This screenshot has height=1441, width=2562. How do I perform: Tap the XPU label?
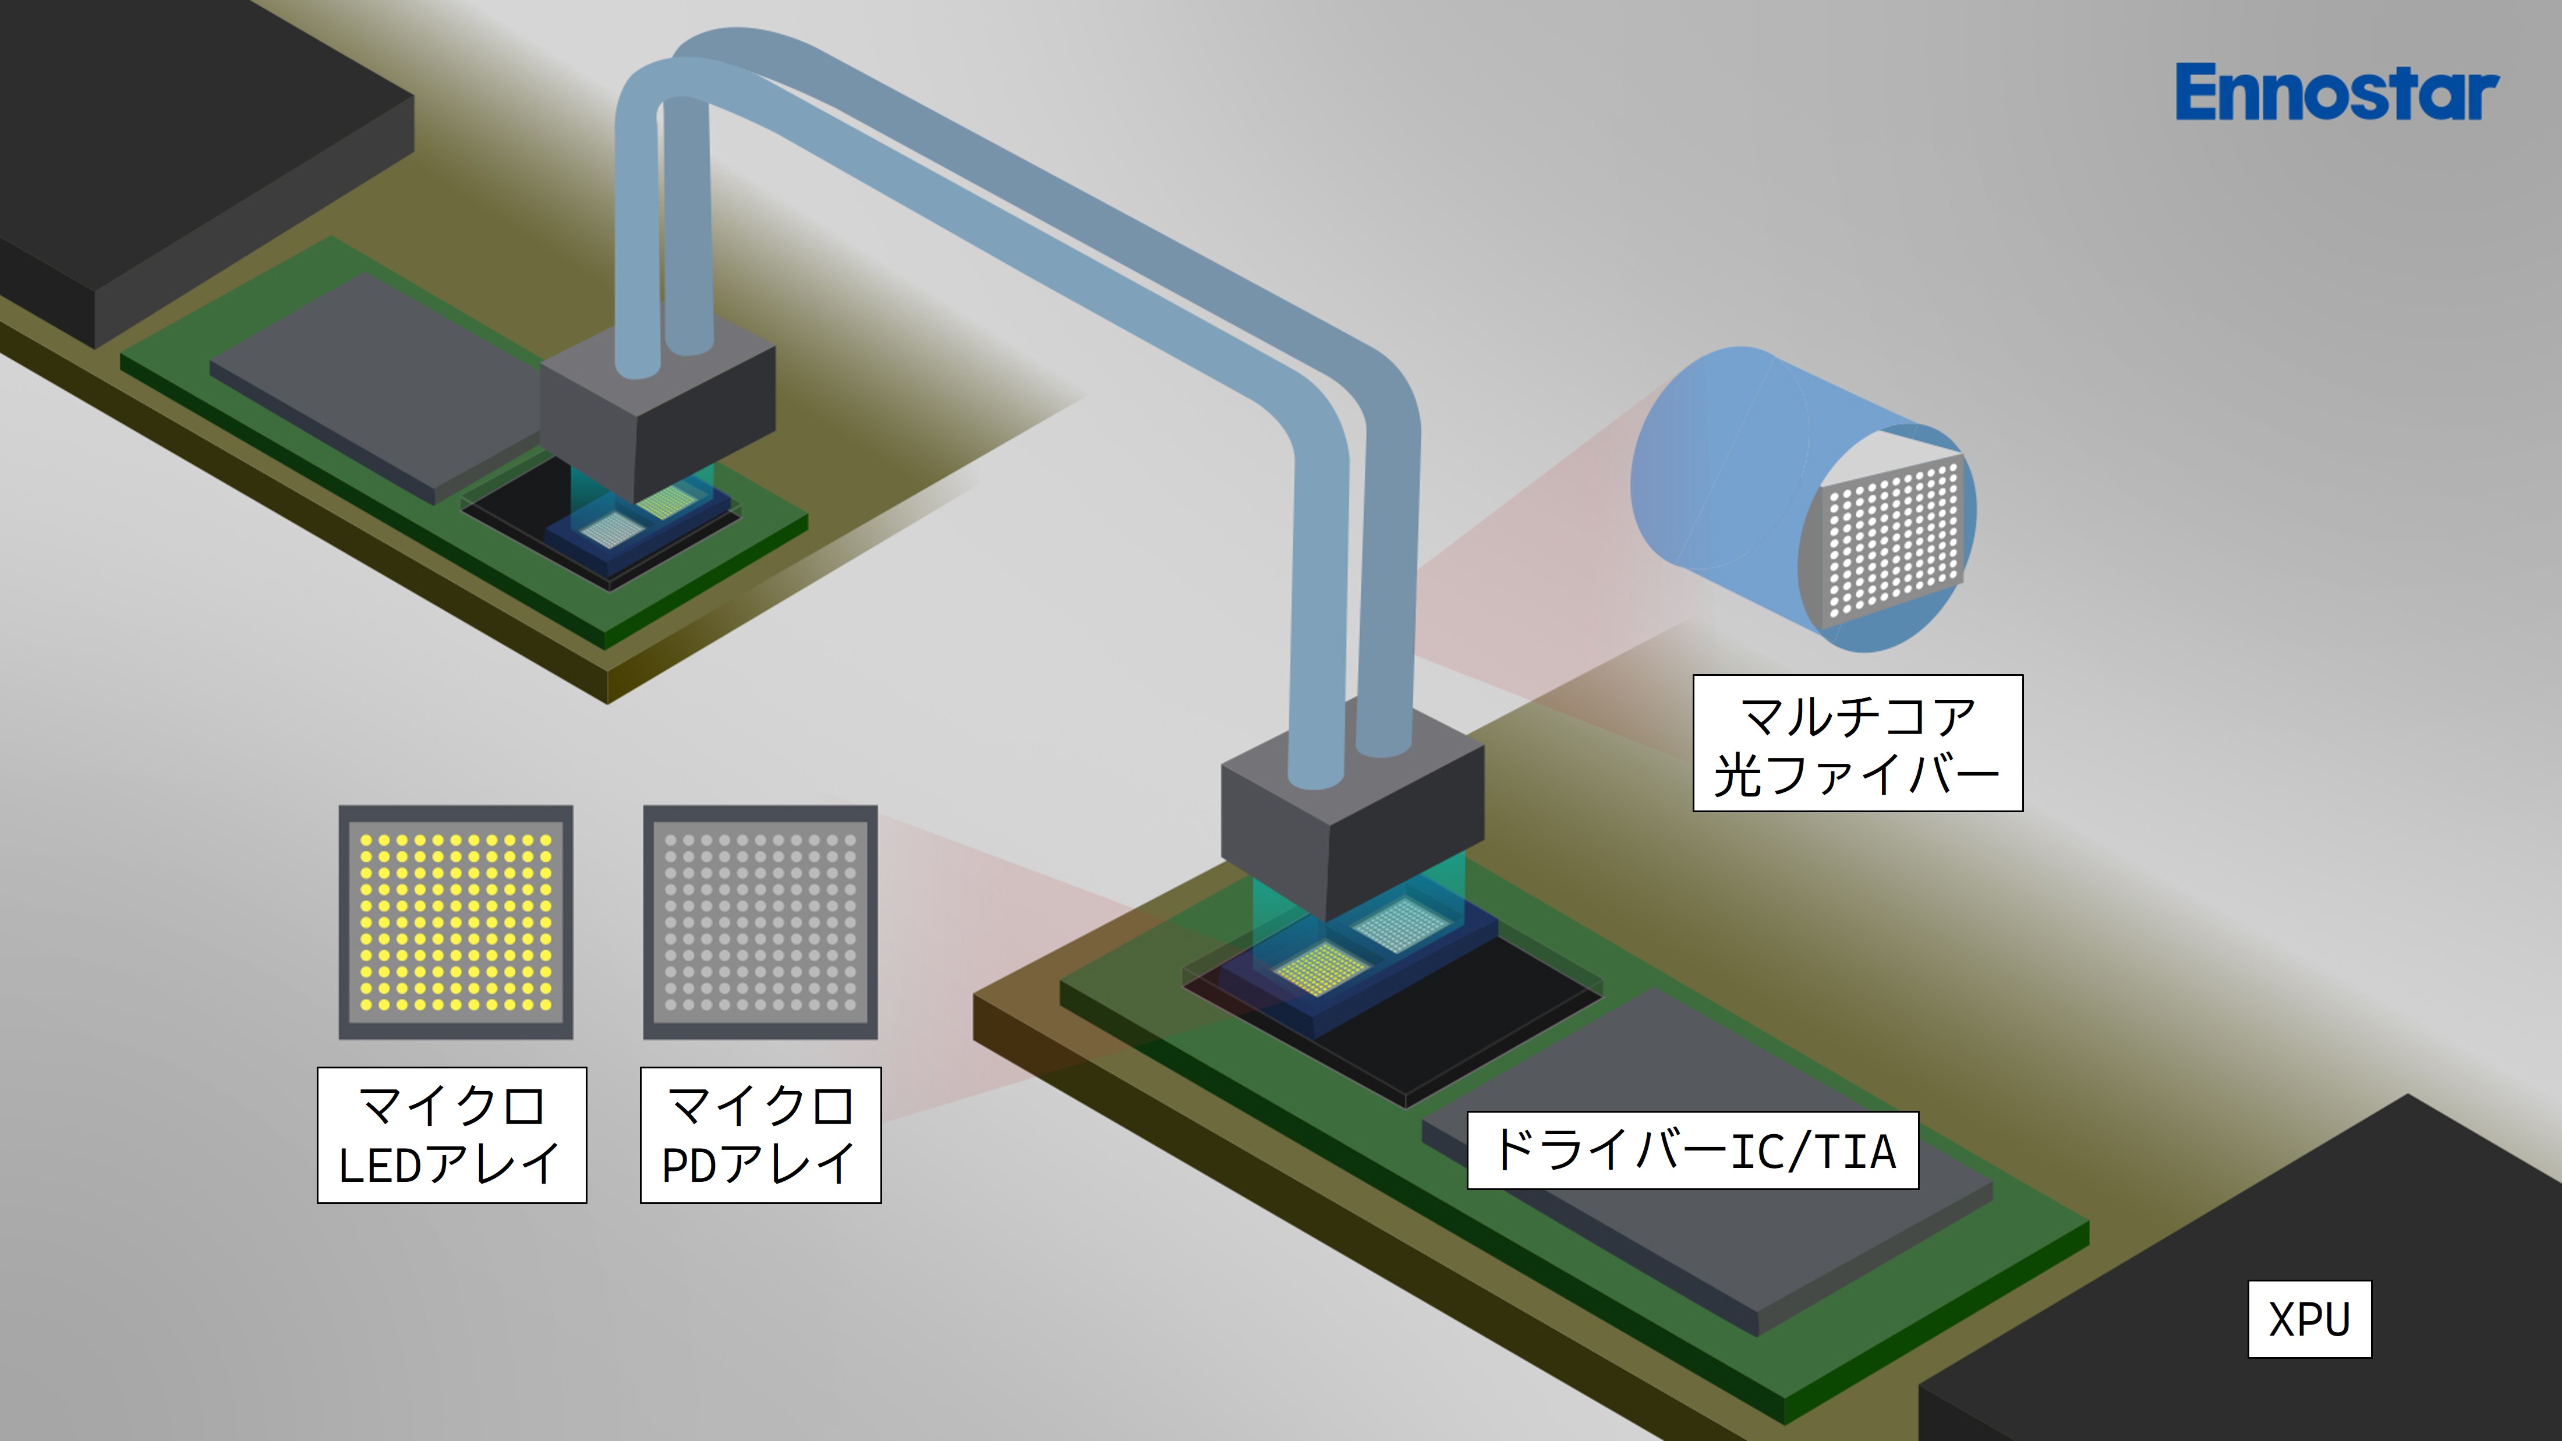pyautogui.click(x=2309, y=1319)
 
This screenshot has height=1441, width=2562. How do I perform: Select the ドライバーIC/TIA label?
pyautogui.click(x=1693, y=1150)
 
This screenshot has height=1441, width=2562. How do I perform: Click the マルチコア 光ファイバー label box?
pyautogui.click(x=1858, y=743)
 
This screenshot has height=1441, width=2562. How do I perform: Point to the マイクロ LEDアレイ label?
pyautogui.click(x=451, y=1135)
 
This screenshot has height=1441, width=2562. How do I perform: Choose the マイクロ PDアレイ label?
pyautogui.click(x=761, y=1135)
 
